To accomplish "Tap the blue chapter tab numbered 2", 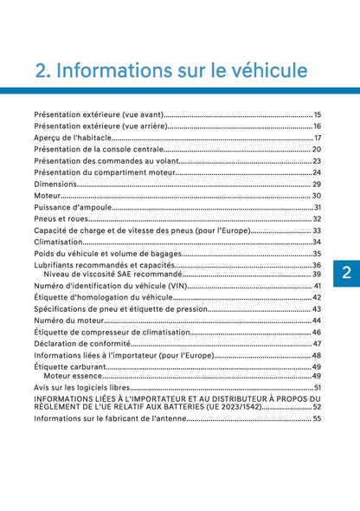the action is click(x=344, y=273).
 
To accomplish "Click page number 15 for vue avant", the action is click(x=318, y=114).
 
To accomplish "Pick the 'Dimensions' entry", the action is click(x=55, y=184).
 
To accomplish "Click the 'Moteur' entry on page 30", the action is click(x=48, y=196).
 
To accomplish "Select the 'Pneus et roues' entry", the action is click(x=61, y=219).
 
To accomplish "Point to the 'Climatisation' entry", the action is click(x=59, y=243).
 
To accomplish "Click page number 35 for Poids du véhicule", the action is click(x=318, y=254).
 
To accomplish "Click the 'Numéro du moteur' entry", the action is click(x=71, y=320).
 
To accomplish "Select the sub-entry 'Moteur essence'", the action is click(x=73, y=376).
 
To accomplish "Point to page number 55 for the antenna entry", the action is click(x=318, y=418).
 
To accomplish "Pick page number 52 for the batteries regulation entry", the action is click(x=318, y=406).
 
